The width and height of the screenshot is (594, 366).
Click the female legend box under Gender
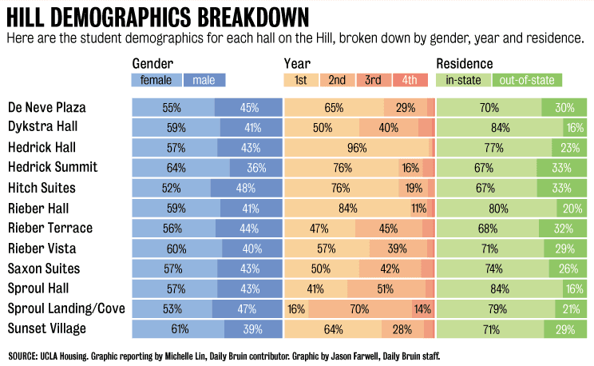(156, 80)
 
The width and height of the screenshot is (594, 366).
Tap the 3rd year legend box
(372, 80)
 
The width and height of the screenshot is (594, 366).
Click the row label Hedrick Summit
(53, 167)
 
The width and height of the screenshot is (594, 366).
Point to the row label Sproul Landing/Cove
(66, 308)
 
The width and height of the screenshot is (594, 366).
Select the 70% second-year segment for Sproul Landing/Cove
(358, 308)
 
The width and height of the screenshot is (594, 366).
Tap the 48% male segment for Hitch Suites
(246, 188)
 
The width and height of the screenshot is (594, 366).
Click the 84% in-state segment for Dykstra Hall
(501, 127)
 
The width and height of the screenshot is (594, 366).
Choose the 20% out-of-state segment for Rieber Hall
(572, 208)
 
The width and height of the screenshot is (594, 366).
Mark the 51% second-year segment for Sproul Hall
(386, 288)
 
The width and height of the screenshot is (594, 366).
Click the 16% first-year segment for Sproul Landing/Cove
(296, 308)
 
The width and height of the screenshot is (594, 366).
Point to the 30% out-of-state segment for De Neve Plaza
(564, 107)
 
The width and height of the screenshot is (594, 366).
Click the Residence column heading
(465, 63)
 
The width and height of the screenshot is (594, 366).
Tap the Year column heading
(297, 63)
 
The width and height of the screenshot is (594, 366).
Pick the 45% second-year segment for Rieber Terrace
(388, 228)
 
